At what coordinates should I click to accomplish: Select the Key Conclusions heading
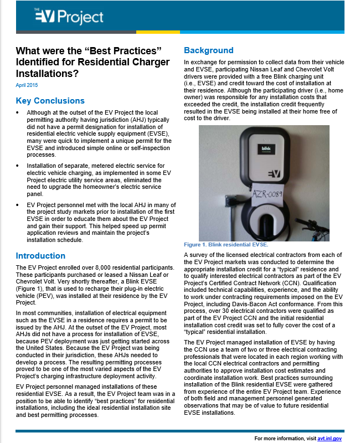(50, 101)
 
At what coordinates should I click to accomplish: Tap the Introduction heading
(40, 256)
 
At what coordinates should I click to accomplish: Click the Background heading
(209, 50)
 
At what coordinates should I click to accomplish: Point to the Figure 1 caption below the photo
(226, 245)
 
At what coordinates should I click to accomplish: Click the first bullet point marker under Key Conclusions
(18, 112)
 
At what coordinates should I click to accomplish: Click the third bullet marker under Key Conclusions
(18, 205)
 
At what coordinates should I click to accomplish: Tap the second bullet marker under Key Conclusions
(18, 165)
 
